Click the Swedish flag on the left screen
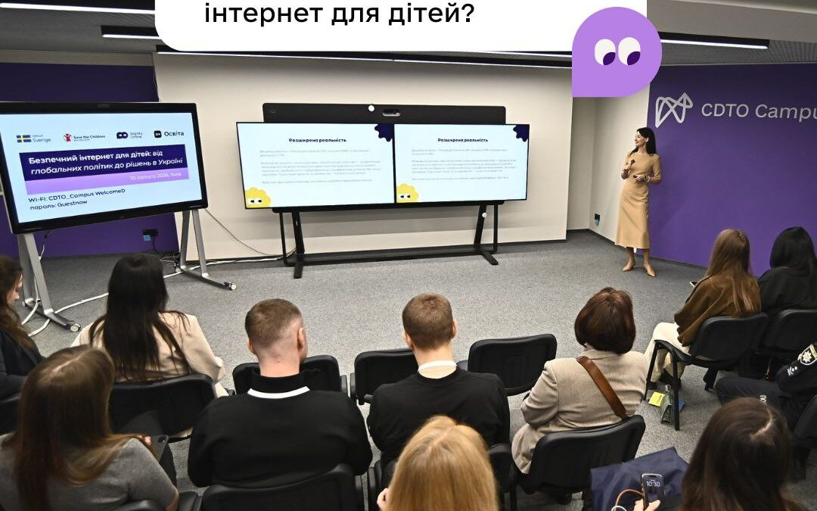[23, 138]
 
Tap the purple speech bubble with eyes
[617, 52]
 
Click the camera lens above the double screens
[391, 113]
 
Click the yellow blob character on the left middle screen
[257, 197]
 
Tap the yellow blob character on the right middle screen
[407, 193]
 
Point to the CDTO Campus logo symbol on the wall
[673, 109]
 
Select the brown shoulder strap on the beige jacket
[603, 385]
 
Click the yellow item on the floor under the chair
[657, 398]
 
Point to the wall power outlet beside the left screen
[150, 234]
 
